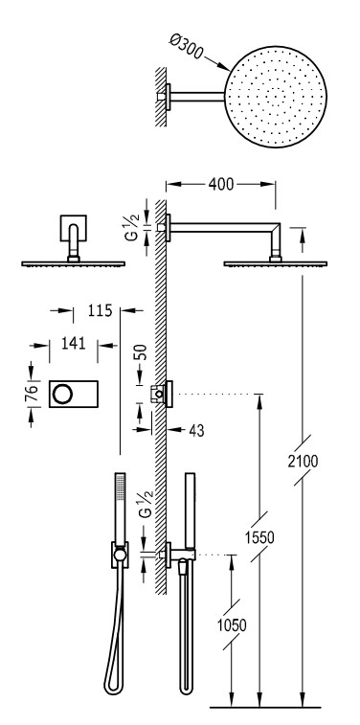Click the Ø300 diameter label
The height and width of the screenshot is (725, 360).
click(x=186, y=47)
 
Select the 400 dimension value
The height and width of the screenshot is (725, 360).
click(x=221, y=184)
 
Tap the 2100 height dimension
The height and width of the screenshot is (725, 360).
click(x=303, y=461)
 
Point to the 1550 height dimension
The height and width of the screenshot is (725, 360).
click(x=259, y=537)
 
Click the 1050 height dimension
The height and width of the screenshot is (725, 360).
click(x=232, y=625)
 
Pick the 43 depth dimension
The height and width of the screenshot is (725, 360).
click(x=196, y=430)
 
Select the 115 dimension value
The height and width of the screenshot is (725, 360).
click(x=100, y=310)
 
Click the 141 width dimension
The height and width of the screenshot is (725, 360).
click(x=73, y=343)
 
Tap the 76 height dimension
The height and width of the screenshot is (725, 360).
click(x=31, y=395)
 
